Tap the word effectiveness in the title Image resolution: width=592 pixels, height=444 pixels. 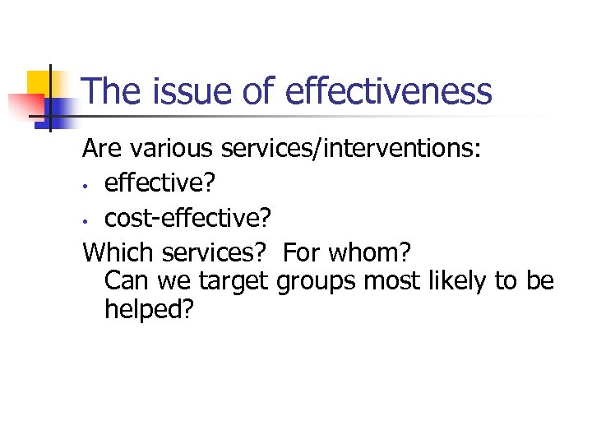click(388, 90)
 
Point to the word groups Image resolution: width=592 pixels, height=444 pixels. click(316, 281)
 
